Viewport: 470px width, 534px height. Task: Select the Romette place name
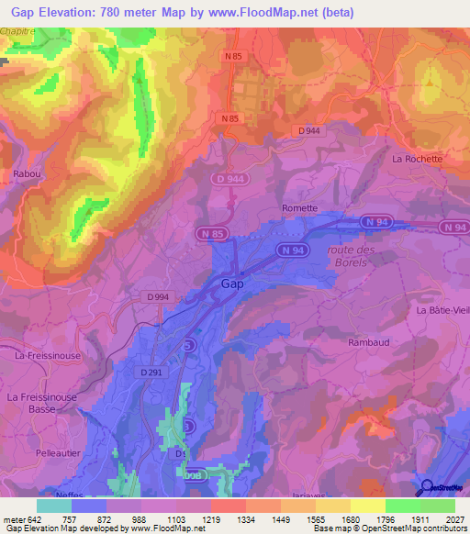point(299,208)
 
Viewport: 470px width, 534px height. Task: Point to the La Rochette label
point(417,159)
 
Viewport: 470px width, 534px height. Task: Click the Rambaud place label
point(369,342)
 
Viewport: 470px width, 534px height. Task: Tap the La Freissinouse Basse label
point(40,403)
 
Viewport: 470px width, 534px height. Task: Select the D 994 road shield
point(159,296)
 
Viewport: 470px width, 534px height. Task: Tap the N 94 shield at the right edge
point(453,227)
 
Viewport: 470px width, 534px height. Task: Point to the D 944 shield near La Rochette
point(308,132)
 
